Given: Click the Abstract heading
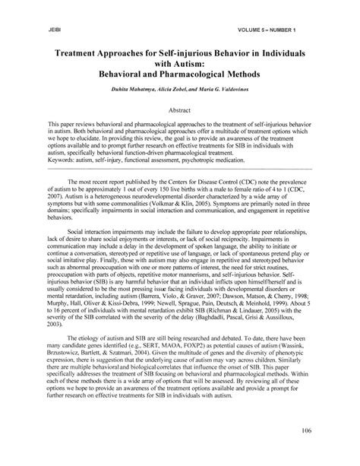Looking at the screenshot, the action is pyautogui.click(x=179, y=109).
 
